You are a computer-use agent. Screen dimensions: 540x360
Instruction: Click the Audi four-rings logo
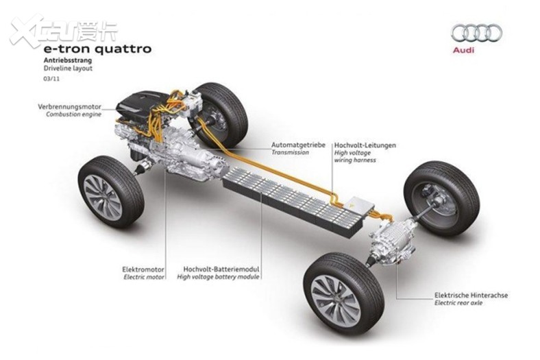click(477, 33)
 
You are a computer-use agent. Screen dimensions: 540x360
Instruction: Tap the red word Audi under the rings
click(463, 50)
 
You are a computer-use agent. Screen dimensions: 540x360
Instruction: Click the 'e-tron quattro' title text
click(97, 49)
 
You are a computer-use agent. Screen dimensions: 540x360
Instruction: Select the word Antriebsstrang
click(68, 60)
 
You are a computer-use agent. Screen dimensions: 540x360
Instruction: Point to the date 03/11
click(51, 79)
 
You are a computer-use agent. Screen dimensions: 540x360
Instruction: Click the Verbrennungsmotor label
click(70, 107)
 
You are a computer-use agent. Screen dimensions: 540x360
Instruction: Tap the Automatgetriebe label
click(298, 145)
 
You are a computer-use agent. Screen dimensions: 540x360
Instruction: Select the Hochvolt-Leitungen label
click(365, 145)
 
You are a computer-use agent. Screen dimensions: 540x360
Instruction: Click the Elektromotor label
click(143, 269)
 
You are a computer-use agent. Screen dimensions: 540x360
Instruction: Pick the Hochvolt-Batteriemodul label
click(221, 269)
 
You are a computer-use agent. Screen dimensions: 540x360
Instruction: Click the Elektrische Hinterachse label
click(471, 296)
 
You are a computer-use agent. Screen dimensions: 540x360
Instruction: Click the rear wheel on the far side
click(441, 199)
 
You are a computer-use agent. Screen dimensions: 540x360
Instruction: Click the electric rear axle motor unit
click(393, 243)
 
